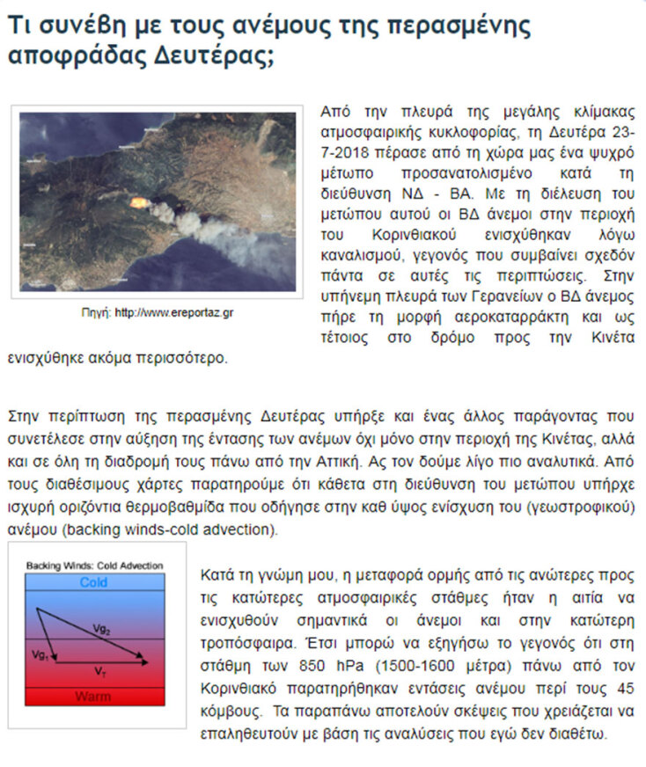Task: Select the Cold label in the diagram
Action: pyautogui.click(x=94, y=582)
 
